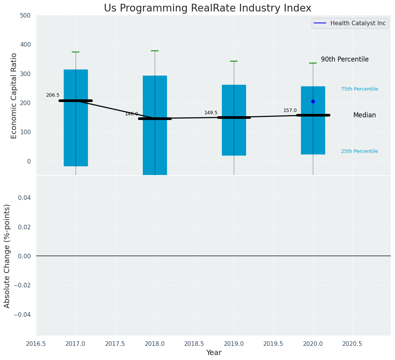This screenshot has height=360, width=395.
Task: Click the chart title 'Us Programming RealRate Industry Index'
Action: pyautogui.click(x=207, y=8)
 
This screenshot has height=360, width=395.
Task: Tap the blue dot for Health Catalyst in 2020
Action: pyautogui.click(x=313, y=101)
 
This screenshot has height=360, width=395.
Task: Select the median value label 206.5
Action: pyautogui.click(x=53, y=95)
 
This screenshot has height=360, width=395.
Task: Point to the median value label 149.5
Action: pyautogui.click(x=211, y=113)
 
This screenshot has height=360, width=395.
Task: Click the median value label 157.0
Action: pyautogui.click(x=290, y=110)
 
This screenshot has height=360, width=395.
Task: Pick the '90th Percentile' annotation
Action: pyautogui.click(x=345, y=60)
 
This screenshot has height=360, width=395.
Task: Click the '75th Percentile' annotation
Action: pyautogui.click(x=359, y=89)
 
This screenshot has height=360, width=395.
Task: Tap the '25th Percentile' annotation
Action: pyautogui.click(x=359, y=151)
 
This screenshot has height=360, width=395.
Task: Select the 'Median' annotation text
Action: pyautogui.click(x=364, y=115)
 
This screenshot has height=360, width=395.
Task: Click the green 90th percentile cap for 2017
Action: pyautogui.click(x=76, y=52)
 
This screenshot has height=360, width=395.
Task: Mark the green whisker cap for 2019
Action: pyautogui.click(x=234, y=61)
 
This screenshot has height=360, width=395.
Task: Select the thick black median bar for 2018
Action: pyautogui.click(x=155, y=118)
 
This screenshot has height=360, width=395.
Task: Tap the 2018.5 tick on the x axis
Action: pyautogui.click(x=194, y=344)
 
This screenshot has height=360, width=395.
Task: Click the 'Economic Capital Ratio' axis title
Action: pyautogui.click(x=14, y=96)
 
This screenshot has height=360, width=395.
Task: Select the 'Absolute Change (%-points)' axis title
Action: pyautogui.click(x=7, y=256)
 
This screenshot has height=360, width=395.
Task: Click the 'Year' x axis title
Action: pyautogui.click(x=214, y=353)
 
